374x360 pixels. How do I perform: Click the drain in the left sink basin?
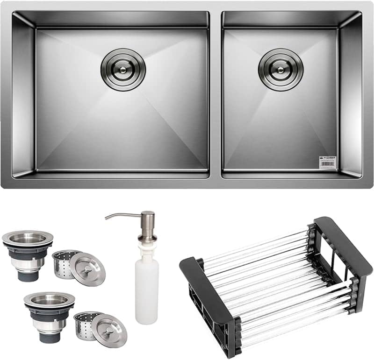tap(123, 69)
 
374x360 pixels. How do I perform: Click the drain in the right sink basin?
tap(280, 69)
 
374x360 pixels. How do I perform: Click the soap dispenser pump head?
tap(147, 220)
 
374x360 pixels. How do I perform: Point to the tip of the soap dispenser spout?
tap(106, 218)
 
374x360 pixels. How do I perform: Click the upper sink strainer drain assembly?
tap(28, 254)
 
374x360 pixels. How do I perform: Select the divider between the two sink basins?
tap(216, 93)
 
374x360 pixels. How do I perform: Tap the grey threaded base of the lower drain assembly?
tap(50, 332)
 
